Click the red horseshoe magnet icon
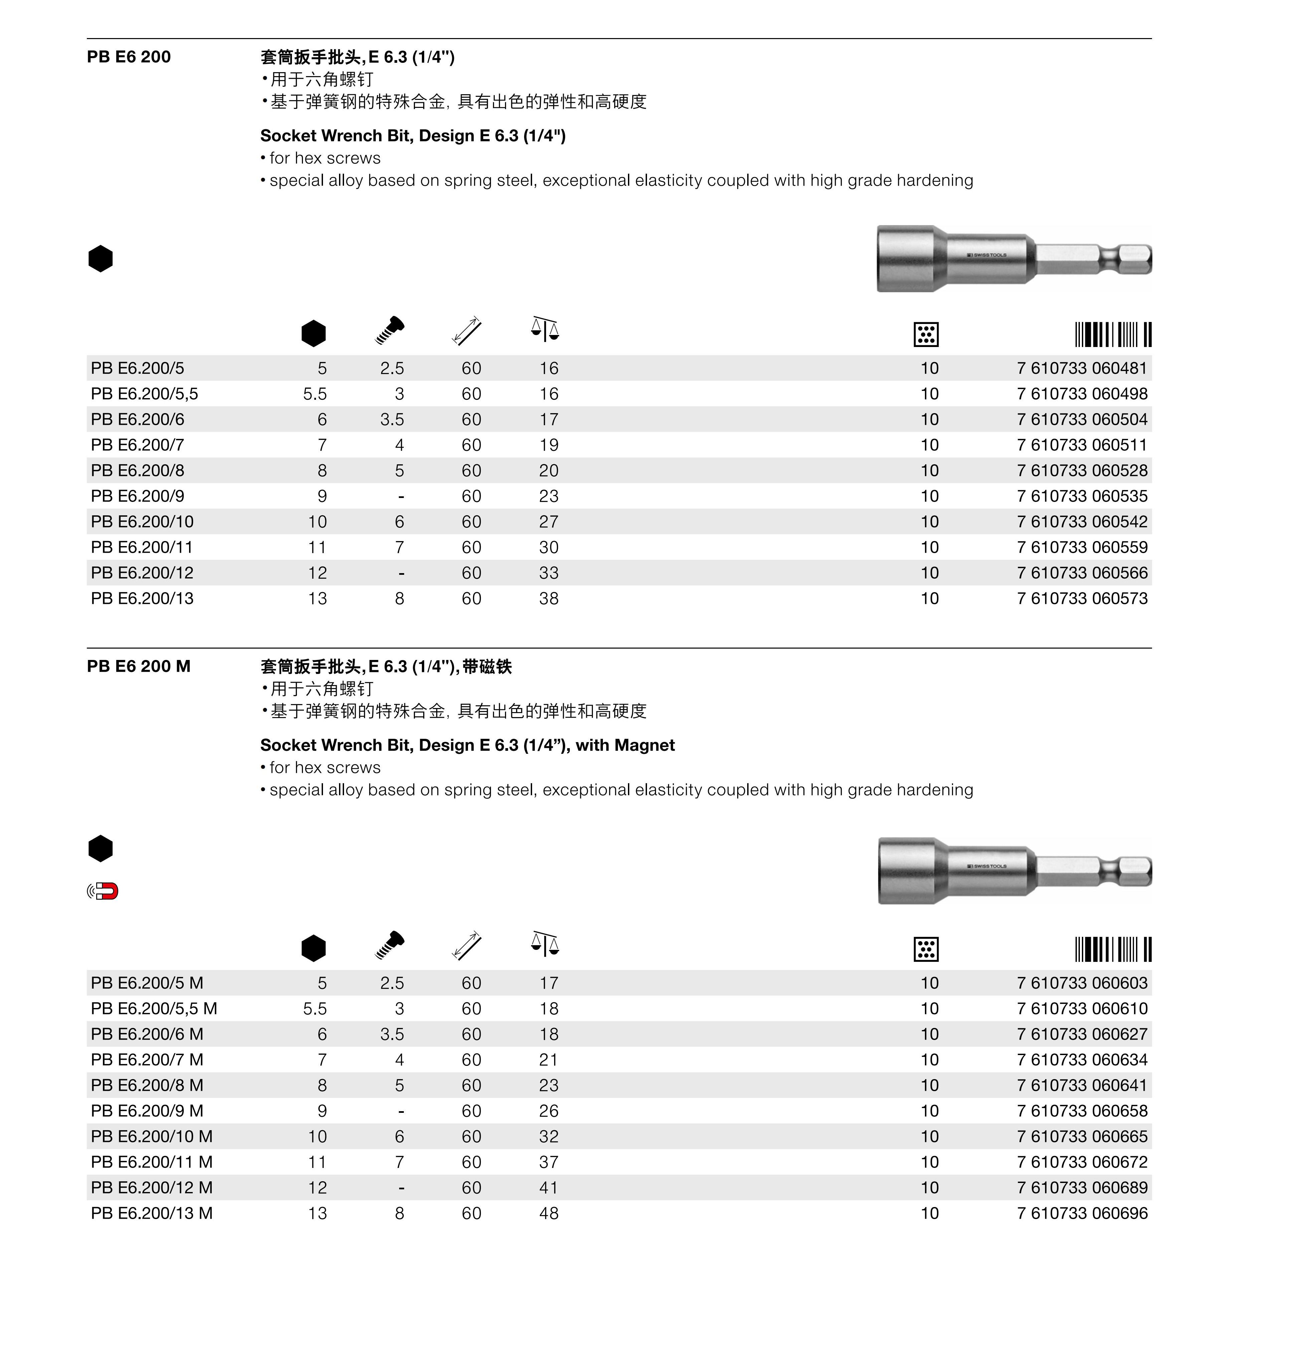tap(106, 891)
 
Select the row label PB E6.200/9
tap(137, 496)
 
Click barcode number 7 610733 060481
tap(1082, 368)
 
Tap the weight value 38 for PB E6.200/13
tap(548, 598)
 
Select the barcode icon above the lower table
tap(1113, 950)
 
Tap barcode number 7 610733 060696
tap(1082, 1213)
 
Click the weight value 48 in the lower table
tap(548, 1213)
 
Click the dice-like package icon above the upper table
tap(926, 335)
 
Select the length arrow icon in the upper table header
tap(466, 331)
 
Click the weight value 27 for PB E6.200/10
tap(548, 522)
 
